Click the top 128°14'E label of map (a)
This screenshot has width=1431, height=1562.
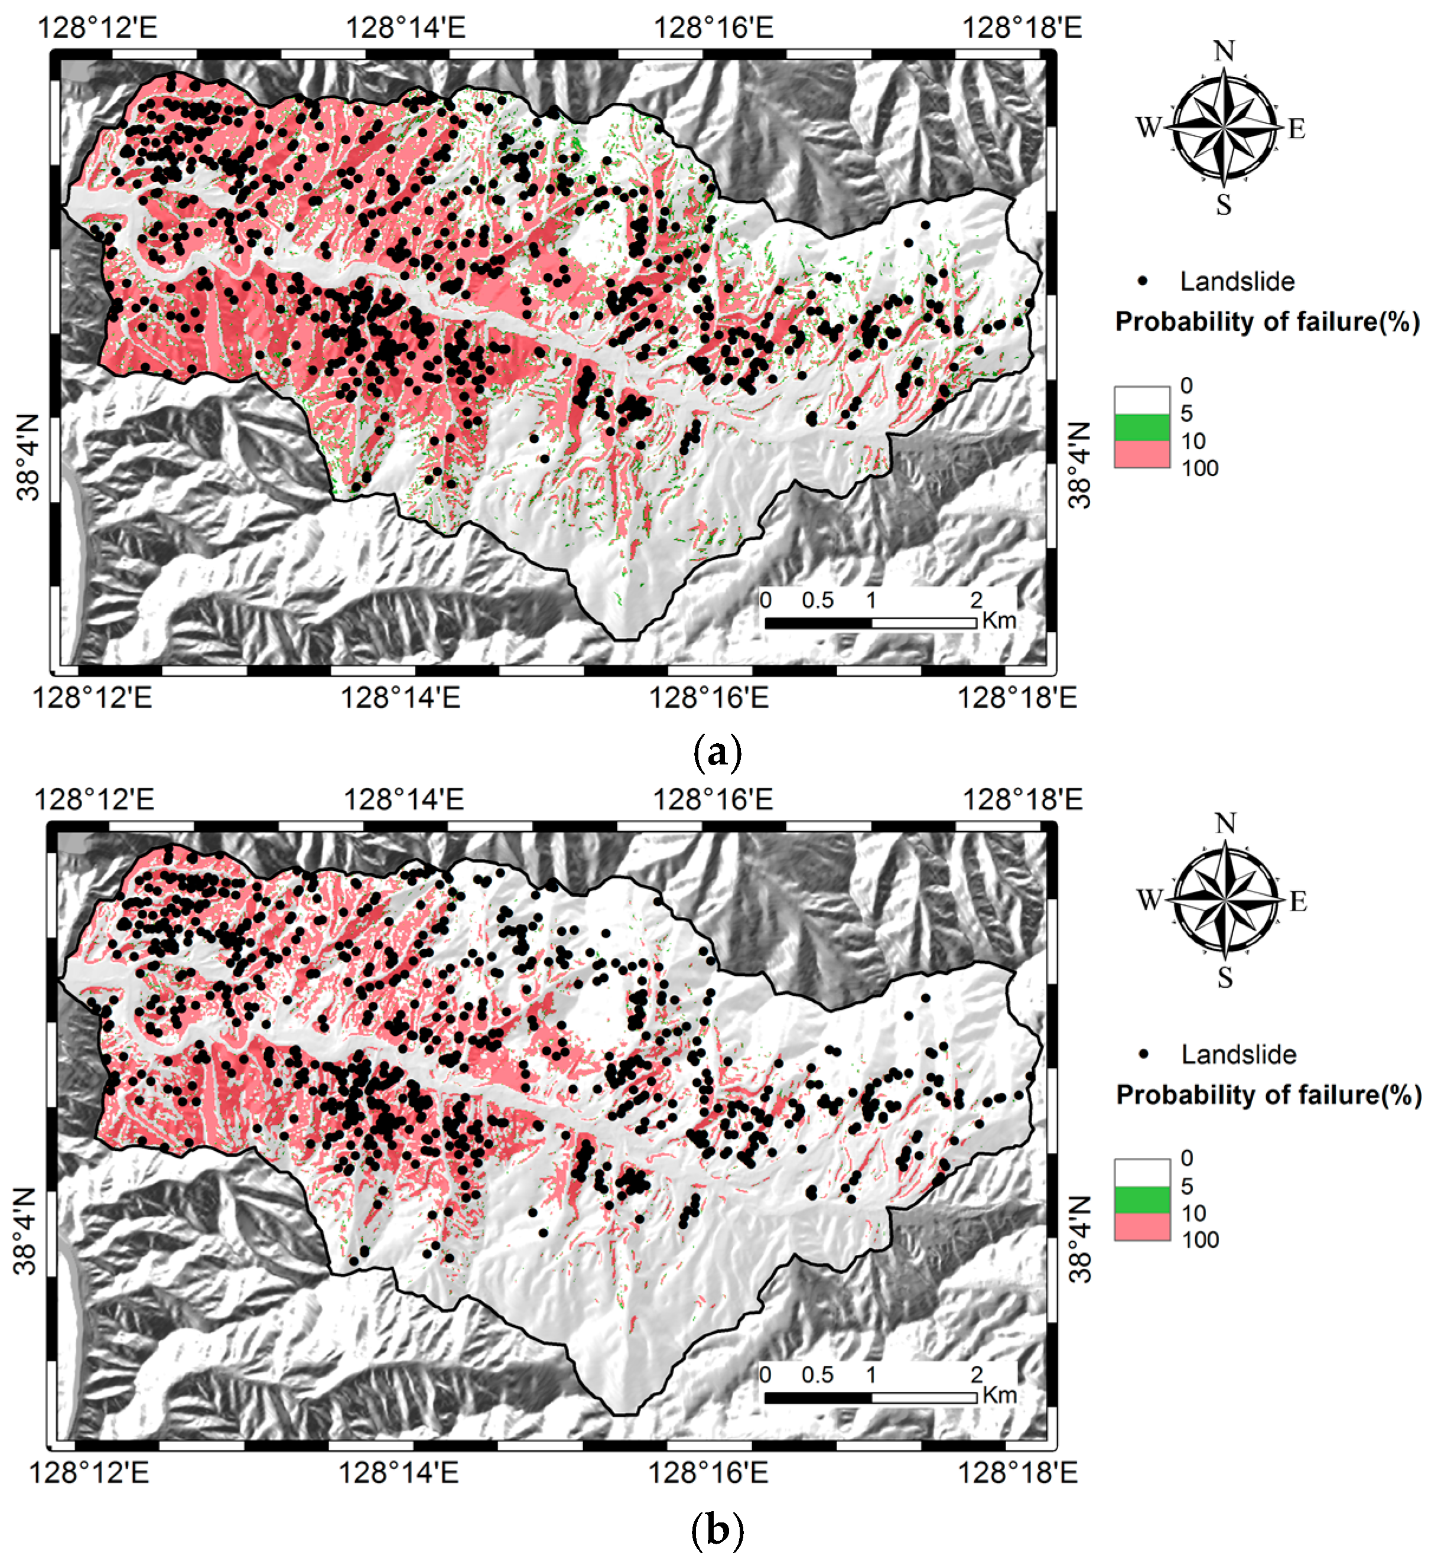pos(405,28)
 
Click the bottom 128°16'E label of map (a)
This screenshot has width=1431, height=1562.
pos(708,697)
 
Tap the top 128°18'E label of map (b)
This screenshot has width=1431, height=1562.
pos(1023,799)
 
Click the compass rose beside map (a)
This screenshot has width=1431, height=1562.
pos(1224,128)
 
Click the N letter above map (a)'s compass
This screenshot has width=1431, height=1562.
pos(1224,51)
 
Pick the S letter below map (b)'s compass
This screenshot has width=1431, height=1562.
pos(1225,978)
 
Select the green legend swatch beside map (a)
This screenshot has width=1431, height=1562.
pos(1142,427)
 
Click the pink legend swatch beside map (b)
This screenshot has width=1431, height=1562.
pos(1142,1226)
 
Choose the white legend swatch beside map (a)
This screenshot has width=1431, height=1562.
pos(1142,400)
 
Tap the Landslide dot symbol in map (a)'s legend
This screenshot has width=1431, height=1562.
pos(1143,281)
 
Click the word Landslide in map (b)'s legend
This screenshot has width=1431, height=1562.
pos(1238,1055)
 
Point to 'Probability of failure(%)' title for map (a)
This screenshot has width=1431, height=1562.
pos(1267,321)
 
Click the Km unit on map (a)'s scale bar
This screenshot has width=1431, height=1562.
pos(999,620)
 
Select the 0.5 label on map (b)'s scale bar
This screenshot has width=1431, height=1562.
pos(817,1375)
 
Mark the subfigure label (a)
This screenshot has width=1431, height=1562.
pos(717,752)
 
